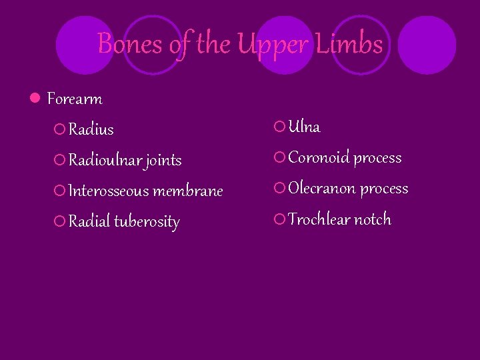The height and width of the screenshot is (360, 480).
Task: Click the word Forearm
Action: click(75, 99)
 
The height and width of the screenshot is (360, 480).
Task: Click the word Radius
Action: click(91, 129)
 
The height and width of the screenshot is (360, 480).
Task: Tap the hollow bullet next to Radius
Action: click(60, 129)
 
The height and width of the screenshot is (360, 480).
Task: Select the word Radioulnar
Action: click(105, 160)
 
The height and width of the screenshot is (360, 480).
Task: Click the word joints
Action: click(164, 161)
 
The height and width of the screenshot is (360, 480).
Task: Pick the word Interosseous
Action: click(109, 191)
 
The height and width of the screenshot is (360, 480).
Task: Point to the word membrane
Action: click(188, 191)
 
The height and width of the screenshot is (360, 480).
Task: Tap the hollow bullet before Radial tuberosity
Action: click(60, 221)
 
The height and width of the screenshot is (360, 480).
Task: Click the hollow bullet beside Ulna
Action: click(280, 127)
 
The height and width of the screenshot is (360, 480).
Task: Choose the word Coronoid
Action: click(319, 158)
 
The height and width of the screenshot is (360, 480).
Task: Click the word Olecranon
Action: click(321, 189)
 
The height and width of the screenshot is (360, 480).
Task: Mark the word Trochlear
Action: click(319, 219)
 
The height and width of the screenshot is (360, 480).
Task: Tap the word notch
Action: click(372, 219)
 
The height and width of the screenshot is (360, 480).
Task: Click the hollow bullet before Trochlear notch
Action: click(280, 219)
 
